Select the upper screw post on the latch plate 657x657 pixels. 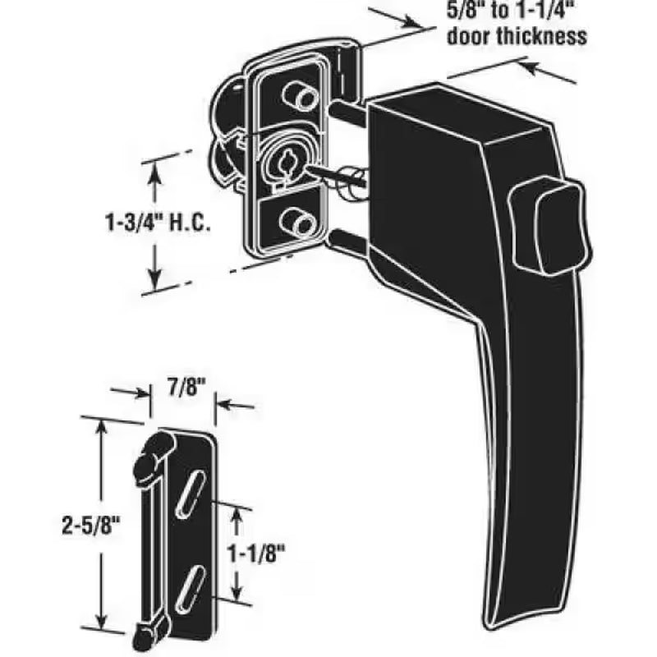pyautogui.click(x=297, y=95)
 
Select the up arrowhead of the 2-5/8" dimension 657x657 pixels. pyautogui.click(x=102, y=425)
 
